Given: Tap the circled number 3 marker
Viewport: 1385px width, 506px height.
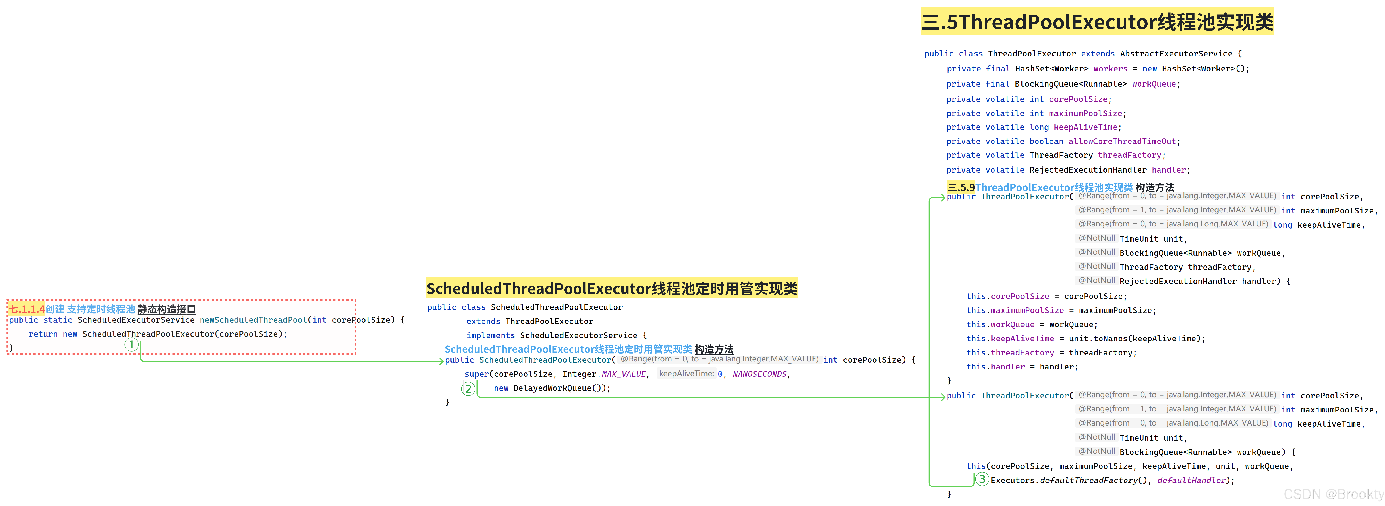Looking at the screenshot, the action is pos(982,479).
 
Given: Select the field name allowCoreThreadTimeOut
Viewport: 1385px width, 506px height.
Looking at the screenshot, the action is pos(1122,141).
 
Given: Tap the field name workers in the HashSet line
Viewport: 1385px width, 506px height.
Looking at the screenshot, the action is pos(1110,69).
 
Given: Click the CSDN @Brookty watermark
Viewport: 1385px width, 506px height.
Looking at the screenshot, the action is pos(1333,494).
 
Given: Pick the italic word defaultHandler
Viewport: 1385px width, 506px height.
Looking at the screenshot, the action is pos(1191,480).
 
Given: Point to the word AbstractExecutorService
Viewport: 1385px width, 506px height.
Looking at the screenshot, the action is pos(1176,54).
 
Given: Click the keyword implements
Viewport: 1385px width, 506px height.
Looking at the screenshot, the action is pos(490,335).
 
